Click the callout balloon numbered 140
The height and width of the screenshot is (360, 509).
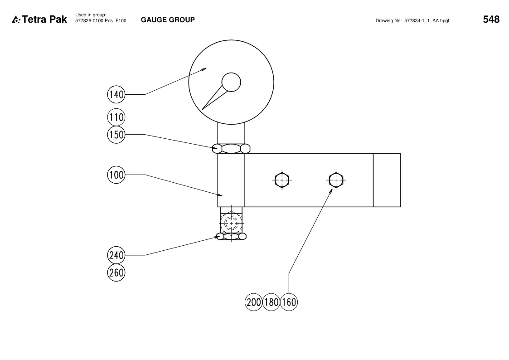[116, 94]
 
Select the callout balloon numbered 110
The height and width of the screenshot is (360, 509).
[116, 117]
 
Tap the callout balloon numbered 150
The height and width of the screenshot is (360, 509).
[116, 134]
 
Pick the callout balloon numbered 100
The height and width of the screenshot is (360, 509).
[116, 175]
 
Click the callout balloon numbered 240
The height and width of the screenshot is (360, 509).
[116, 255]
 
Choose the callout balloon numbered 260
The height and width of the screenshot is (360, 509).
[116, 272]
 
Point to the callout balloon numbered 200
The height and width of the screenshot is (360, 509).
[253, 302]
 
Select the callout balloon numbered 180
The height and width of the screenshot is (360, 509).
[271, 302]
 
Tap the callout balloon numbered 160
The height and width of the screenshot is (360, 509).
[289, 302]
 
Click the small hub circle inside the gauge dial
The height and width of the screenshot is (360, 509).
[231, 82]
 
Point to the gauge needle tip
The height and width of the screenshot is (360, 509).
[202, 109]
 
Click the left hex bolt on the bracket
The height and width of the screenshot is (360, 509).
[282, 180]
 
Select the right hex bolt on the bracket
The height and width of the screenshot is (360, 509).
[336, 180]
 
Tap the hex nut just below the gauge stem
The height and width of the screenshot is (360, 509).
[231, 149]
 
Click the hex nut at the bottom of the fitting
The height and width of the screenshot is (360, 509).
[231, 236]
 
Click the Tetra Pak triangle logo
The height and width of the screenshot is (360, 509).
[16, 20]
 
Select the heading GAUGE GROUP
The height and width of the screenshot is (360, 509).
[168, 20]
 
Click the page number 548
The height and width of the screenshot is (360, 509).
[491, 19]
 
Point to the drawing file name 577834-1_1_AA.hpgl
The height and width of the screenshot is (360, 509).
[427, 21]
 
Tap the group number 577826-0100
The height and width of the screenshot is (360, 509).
[89, 21]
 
